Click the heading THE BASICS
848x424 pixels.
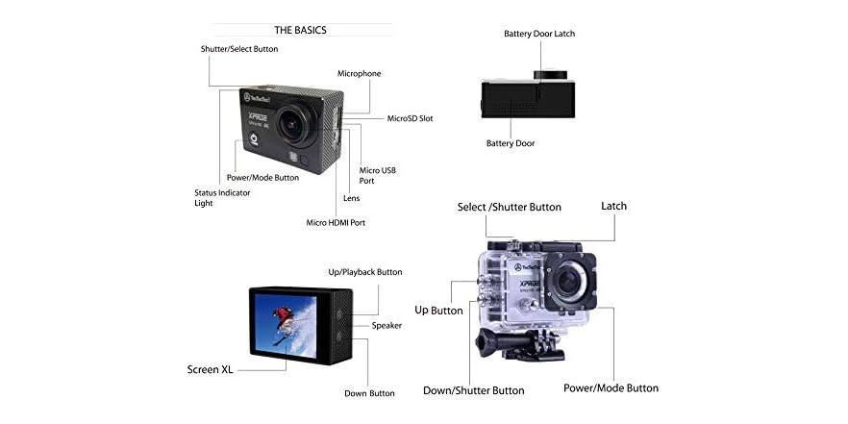pyautogui.click(x=300, y=30)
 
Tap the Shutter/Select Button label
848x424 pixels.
pyautogui.click(x=239, y=49)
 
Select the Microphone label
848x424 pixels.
pyautogui.click(x=359, y=73)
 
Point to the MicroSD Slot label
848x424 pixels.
pyautogui.click(x=410, y=118)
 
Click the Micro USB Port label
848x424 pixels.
pyautogui.click(x=377, y=175)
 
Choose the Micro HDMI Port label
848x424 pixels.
pyautogui.click(x=336, y=223)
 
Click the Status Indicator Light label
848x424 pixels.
pyautogui.click(x=216, y=197)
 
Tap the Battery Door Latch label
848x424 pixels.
pyautogui.click(x=539, y=34)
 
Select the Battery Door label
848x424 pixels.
pyautogui.click(x=511, y=143)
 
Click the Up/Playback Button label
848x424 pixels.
pyautogui.click(x=365, y=272)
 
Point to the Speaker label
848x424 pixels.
pyautogui.click(x=387, y=325)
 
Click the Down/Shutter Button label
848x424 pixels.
pyautogui.click(x=474, y=390)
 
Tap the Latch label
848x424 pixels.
pyautogui.click(x=613, y=207)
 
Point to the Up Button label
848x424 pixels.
pyautogui.click(x=438, y=311)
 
